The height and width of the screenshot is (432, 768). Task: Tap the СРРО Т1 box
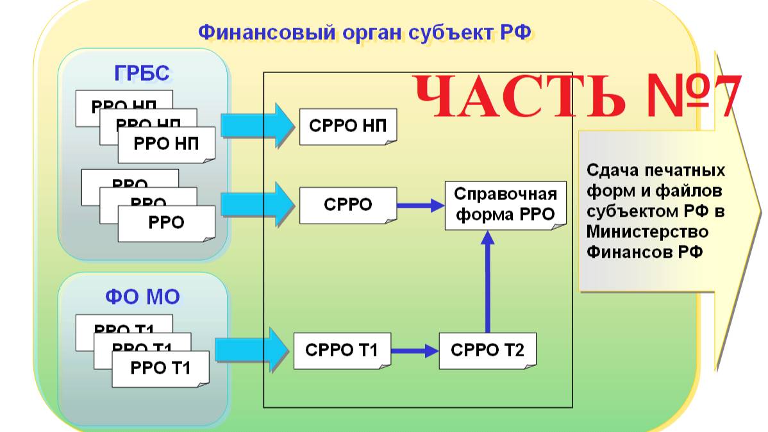342,351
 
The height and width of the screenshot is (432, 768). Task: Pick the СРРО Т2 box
487,351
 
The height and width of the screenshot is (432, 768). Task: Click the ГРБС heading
142,74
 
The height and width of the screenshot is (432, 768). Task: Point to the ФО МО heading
142,296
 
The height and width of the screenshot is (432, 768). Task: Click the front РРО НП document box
166,144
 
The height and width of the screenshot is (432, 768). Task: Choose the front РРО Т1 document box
160,369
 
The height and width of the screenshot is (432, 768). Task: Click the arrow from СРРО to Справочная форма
420,206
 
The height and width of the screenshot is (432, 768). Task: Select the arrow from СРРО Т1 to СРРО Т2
414,351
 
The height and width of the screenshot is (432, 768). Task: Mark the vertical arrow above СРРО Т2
487,282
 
